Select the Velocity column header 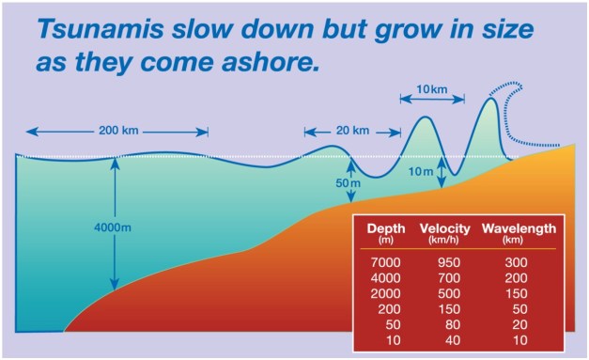pyautogui.click(x=444, y=228)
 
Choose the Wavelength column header pyautogui.click(x=519, y=228)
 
